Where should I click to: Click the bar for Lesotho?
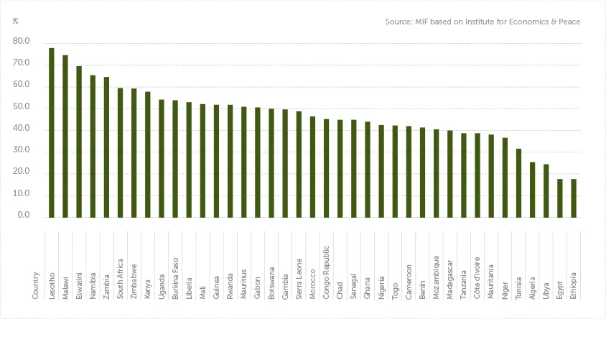52,132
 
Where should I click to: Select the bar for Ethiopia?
574,198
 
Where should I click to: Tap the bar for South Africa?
121,152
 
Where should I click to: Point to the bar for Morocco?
312,167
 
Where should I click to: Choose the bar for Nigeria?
381,171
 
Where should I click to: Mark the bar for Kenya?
148,154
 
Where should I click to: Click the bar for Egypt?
560,198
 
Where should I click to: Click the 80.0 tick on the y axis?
22,42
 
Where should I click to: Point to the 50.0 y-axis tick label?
22,107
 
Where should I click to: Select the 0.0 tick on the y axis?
24,216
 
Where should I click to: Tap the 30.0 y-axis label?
22,150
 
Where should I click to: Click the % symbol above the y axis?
16,21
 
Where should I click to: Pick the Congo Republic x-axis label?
327,276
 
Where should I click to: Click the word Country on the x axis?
36,285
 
